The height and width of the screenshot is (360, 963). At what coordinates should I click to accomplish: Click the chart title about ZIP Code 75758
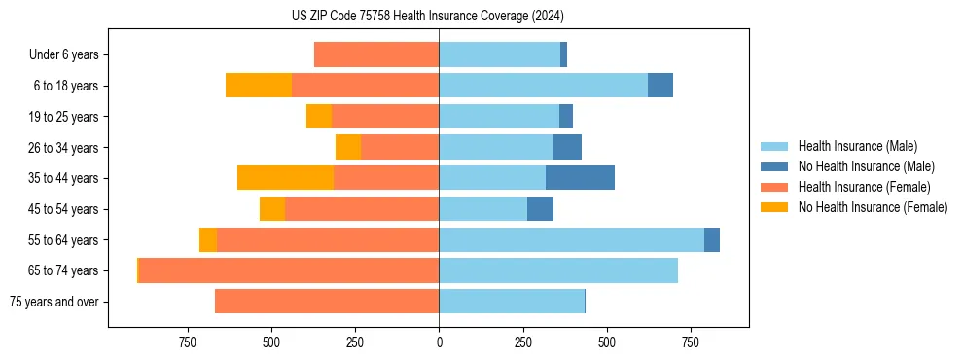428,16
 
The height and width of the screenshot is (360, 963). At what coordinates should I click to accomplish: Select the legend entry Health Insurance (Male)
857,146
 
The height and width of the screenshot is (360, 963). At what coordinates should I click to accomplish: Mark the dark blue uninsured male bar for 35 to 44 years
580,178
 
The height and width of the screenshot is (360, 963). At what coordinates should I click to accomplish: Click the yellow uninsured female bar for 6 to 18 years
259,86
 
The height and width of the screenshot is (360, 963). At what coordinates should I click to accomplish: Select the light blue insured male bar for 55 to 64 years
571,239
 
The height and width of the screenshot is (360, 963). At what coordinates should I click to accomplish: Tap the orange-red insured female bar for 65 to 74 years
289,270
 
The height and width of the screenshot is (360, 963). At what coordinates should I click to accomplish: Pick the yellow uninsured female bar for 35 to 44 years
285,178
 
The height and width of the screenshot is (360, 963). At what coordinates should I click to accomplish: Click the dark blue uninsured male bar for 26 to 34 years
567,147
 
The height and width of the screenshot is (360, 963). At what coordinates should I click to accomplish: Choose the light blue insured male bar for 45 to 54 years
482,209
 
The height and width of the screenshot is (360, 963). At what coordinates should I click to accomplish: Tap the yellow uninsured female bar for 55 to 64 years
208,239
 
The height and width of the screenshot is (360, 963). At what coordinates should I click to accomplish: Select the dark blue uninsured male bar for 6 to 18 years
660,86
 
